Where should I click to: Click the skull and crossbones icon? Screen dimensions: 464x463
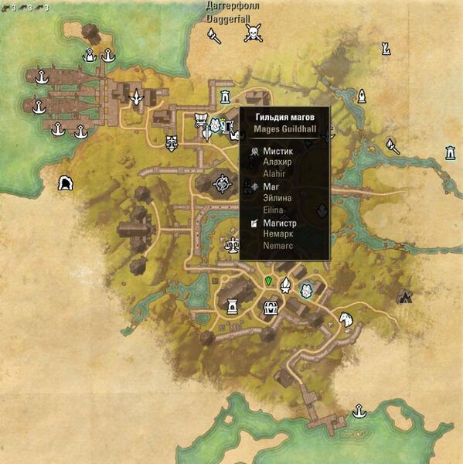pos(252,32)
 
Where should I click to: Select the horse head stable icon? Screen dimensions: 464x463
pos(346,319)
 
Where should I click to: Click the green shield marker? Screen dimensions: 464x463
pos(268,281)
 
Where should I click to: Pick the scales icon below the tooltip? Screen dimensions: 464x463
pos(230,244)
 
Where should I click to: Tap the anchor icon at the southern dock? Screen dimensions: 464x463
pos(358,411)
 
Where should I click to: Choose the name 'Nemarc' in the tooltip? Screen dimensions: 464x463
pos(278,245)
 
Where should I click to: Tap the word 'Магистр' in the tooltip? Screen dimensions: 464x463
pos(281,223)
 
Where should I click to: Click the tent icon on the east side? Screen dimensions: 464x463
pos(403,296)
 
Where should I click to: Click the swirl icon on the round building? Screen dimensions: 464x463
pos(223,184)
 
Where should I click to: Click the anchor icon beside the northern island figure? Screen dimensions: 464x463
pos(109,55)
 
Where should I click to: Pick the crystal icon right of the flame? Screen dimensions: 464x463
pos(307,290)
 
